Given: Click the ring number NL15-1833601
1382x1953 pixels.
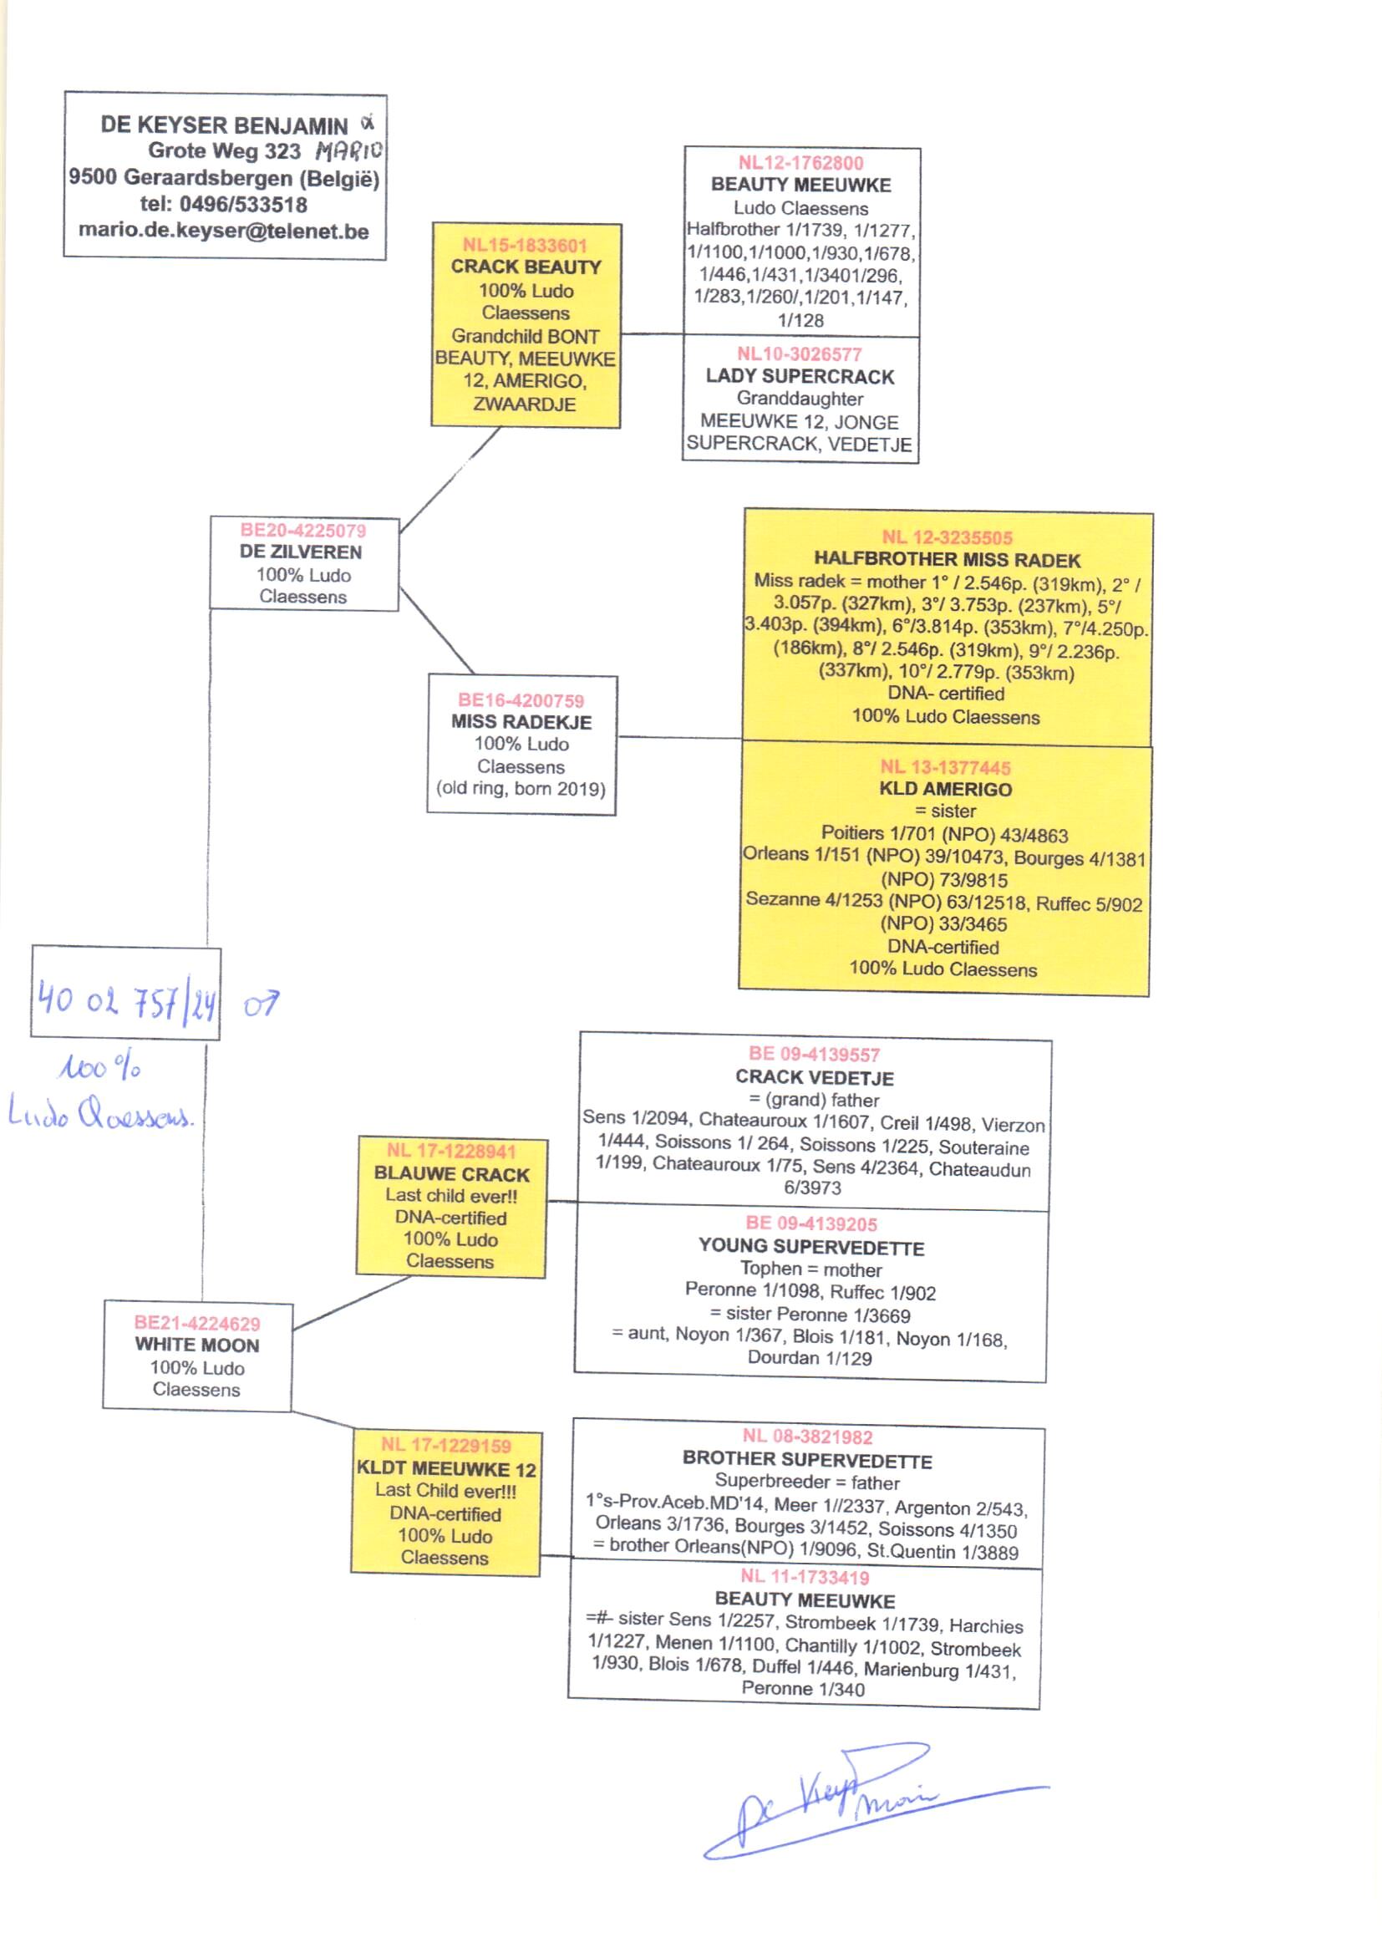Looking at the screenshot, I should pos(525,245).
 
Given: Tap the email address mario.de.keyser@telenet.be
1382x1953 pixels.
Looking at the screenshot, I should pos(224,231).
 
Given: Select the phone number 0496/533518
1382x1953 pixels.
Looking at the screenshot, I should pos(243,204).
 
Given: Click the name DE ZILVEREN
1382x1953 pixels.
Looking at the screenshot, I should pos(302,552).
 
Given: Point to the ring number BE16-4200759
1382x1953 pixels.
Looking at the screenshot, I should pos(521,700).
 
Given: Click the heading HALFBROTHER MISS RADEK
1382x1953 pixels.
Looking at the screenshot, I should pos(948,559).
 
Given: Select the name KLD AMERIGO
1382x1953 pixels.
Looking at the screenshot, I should pos(946,789).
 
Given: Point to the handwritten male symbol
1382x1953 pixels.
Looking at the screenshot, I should pos(261,1004).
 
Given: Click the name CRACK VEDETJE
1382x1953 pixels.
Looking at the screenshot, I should pos(815,1077).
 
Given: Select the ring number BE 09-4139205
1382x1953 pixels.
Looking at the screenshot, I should pos(811,1223).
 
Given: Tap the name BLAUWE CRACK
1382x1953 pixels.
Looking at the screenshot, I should pos(452,1174).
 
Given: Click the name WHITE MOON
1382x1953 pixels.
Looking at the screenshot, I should pos(196,1345).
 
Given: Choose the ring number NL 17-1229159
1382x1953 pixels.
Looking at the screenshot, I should pos(446,1445).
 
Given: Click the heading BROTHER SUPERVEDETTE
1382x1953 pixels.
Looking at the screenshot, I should pos(807,1459).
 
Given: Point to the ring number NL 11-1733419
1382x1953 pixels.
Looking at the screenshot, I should pos(804,1577).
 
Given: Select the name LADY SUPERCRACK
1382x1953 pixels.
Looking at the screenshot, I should pos(800,376).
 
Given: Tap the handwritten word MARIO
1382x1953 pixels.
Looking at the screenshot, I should pos(349,151).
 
